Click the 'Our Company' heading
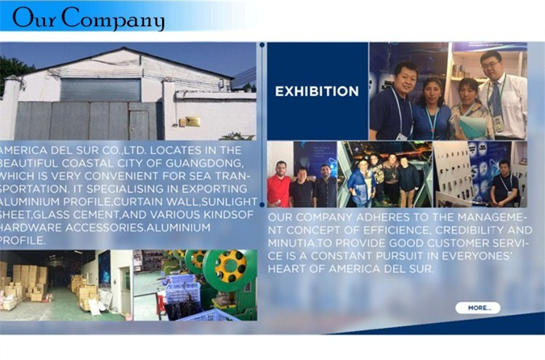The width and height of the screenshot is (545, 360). coord(88,17)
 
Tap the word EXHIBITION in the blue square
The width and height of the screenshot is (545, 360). coord(317,92)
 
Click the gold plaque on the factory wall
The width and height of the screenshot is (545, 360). coord(193,121)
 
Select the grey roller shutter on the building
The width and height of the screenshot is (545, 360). coord(100,89)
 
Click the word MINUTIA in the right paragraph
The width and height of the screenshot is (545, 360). coord(291,243)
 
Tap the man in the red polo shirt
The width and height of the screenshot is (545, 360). coord(279,185)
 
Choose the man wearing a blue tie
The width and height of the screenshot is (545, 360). coord(501,96)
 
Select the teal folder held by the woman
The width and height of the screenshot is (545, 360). coord(472,126)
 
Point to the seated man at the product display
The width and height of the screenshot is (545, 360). coord(505,184)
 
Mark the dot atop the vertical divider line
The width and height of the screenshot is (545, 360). coord(262,45)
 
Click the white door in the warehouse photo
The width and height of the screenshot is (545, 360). coord(126,290)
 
